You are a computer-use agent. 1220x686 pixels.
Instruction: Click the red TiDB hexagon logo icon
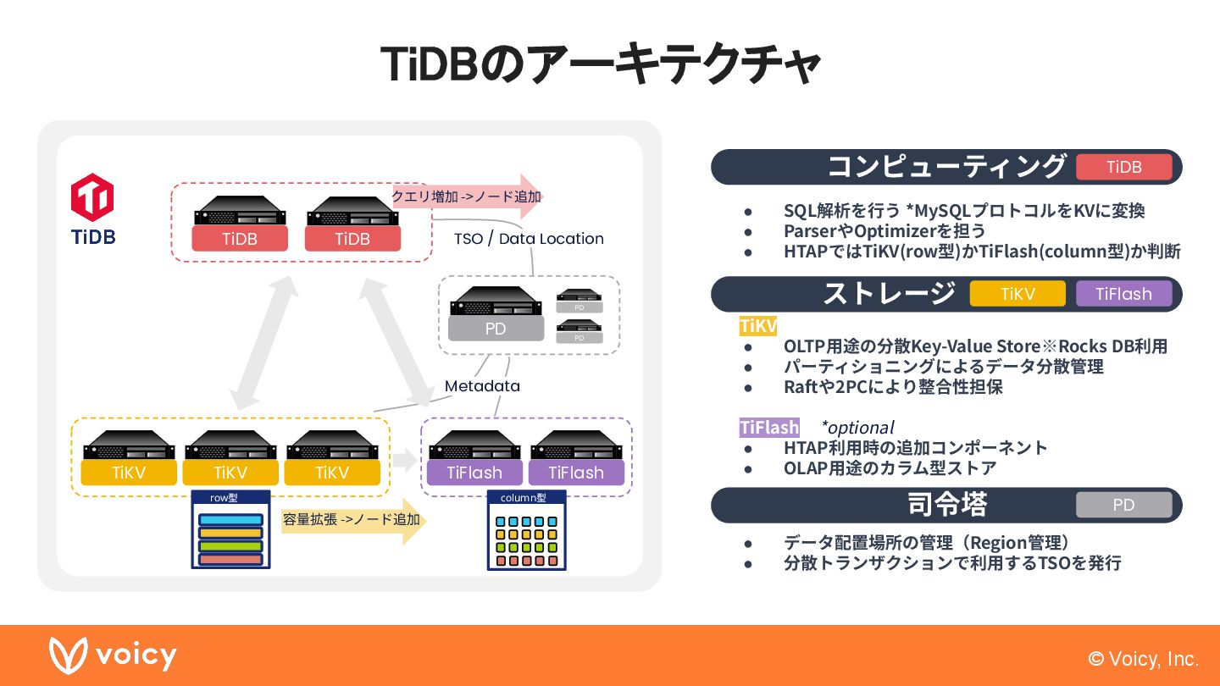coord(92,197)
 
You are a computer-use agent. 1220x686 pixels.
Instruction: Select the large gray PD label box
coord(495,329)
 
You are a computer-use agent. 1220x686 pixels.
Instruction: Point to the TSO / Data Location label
coord(529,239)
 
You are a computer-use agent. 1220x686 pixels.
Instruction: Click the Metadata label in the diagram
coord(482,386)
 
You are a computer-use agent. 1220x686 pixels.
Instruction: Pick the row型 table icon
coord(230,529)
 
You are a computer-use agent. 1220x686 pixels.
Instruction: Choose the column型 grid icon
coord(526,530)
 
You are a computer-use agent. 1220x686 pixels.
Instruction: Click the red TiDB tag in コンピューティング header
coord(1123,167)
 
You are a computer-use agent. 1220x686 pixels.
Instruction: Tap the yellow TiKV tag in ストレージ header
coord(1017,294)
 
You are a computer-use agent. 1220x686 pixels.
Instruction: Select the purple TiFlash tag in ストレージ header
coord(1123,294)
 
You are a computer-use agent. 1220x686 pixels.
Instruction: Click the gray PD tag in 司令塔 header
coord(1123,505)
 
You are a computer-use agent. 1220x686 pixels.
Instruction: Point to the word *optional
coord(857,428)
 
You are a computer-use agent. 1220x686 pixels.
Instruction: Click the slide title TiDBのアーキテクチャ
coord(601,64)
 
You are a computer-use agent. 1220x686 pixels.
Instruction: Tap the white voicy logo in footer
coord(113,656)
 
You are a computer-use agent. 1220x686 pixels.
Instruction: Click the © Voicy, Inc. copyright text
coord(1143,659)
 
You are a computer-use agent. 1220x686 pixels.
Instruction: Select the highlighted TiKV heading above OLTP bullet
coord(757,326)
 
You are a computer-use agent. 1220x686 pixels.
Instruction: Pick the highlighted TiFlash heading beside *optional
coord(769,428)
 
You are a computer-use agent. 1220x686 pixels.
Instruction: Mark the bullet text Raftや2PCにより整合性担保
coord(893,387)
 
